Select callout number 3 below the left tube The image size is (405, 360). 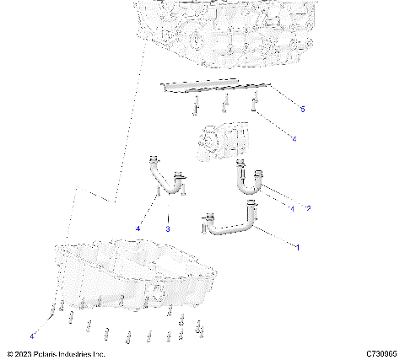168,228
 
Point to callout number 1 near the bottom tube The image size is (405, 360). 295,245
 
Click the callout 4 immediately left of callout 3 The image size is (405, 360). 137,228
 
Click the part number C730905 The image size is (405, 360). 382,353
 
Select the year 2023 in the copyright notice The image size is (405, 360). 25,353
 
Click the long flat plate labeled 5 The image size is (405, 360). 216,86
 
